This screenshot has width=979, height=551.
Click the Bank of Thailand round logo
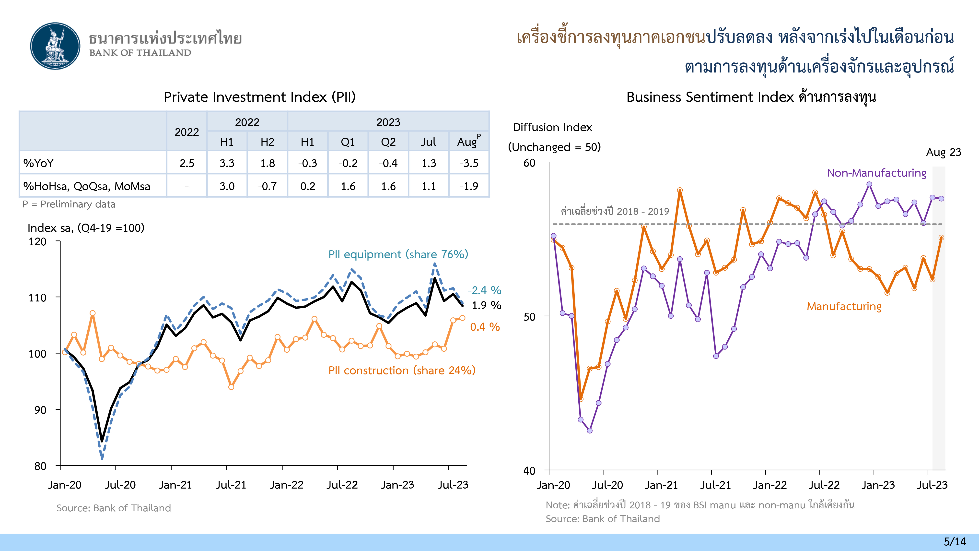(56, 46)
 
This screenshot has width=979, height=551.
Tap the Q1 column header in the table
(348, 142)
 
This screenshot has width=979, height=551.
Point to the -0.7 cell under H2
(267, 186)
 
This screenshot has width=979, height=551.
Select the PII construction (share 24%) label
(402, 370)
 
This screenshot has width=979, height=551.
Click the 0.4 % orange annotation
(485, 327)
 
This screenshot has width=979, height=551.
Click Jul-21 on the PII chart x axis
(231, 485)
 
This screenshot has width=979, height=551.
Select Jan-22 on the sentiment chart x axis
(769, 485)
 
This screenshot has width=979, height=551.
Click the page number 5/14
(955, 541)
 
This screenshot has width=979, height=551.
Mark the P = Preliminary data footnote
(69, 204)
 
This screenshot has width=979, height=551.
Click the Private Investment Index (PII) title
(260, 97)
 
